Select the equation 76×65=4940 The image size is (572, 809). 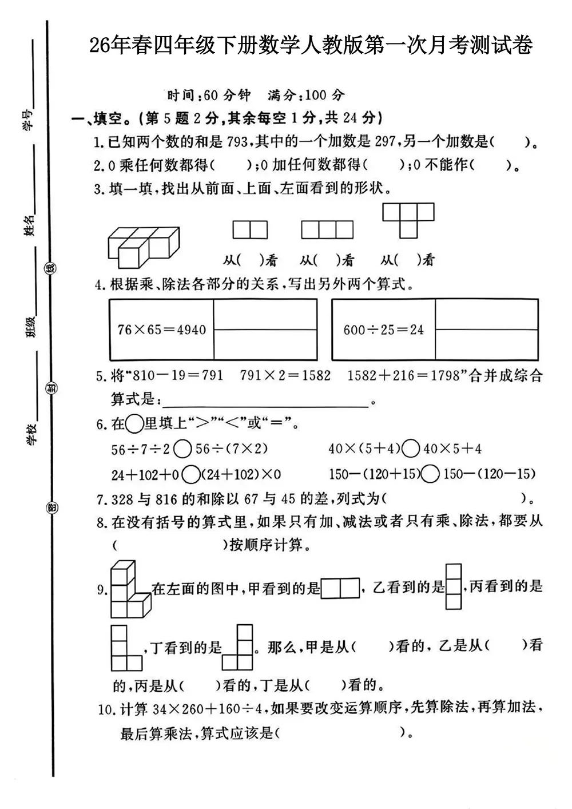click(x=162, y=330)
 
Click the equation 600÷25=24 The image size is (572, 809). click(x=384, y=330)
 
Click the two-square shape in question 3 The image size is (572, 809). click(x=250, y=230)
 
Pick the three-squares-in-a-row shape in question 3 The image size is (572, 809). click(x=327, y=230)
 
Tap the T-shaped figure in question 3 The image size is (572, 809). click(x=408, y=220)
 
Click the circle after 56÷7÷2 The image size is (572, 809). click(x=182, y=449)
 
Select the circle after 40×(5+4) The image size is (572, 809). click(x=411, y=449)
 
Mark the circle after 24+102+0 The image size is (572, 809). click(x=192, y=474)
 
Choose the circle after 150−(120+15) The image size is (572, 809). click(x=431, y=474)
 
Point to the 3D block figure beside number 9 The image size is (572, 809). click(x=128, y=589)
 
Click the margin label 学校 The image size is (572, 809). click(x=31, y=434)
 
